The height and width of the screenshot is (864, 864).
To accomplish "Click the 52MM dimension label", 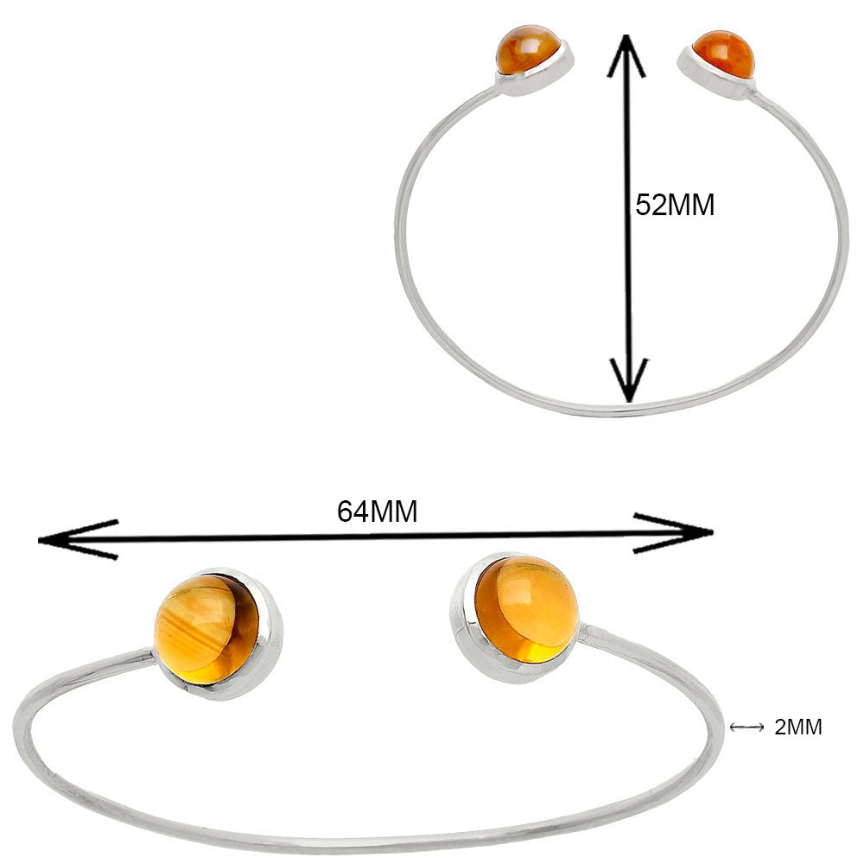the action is (x=675, y=205).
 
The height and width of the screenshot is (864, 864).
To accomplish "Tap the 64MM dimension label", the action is (x=378, y=511).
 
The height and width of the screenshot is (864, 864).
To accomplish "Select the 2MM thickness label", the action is (x=797, y=727).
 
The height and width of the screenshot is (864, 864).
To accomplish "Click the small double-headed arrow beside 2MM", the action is (x=746, y=727).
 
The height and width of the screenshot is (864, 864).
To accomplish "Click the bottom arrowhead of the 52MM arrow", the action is (x=628, y=380).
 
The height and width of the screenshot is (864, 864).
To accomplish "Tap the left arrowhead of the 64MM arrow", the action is (x=77, y=539).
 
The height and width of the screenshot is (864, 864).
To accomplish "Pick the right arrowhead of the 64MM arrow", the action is (x=673, y=533).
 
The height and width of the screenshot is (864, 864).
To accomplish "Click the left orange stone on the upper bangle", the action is (x=528, y=48).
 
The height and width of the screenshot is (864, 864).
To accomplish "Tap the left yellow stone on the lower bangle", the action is (x=206, y=630).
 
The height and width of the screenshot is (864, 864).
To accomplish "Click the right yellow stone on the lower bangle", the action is (x=526, y=609).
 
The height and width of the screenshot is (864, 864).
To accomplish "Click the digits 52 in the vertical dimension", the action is (x=651, y=205).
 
